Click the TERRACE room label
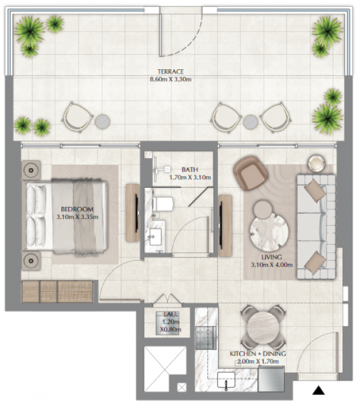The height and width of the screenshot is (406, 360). point(170,71)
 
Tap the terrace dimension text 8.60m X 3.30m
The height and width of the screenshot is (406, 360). point(170,79)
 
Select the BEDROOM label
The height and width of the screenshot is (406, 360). point(77,209)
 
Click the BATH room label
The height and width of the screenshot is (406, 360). point(190,169)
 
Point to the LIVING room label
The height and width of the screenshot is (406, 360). point(271,257)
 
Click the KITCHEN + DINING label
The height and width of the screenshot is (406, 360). point(258,353)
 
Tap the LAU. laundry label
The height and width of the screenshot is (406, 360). point(170,314)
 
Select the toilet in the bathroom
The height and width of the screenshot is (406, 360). point(163,204)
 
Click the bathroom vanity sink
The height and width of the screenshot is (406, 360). point(155,237)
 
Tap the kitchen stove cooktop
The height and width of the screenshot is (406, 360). point(205,337)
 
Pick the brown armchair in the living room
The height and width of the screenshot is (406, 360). point(250,173)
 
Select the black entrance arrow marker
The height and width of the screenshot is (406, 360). point(318,390)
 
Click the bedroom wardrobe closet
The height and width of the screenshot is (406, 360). point(57,291)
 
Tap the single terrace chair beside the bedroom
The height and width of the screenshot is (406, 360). point(77,117)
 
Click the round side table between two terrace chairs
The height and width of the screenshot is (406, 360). point(250,122)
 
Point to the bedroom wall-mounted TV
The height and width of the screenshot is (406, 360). point(136,213)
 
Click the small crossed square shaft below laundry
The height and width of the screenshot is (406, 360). point(181,388)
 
